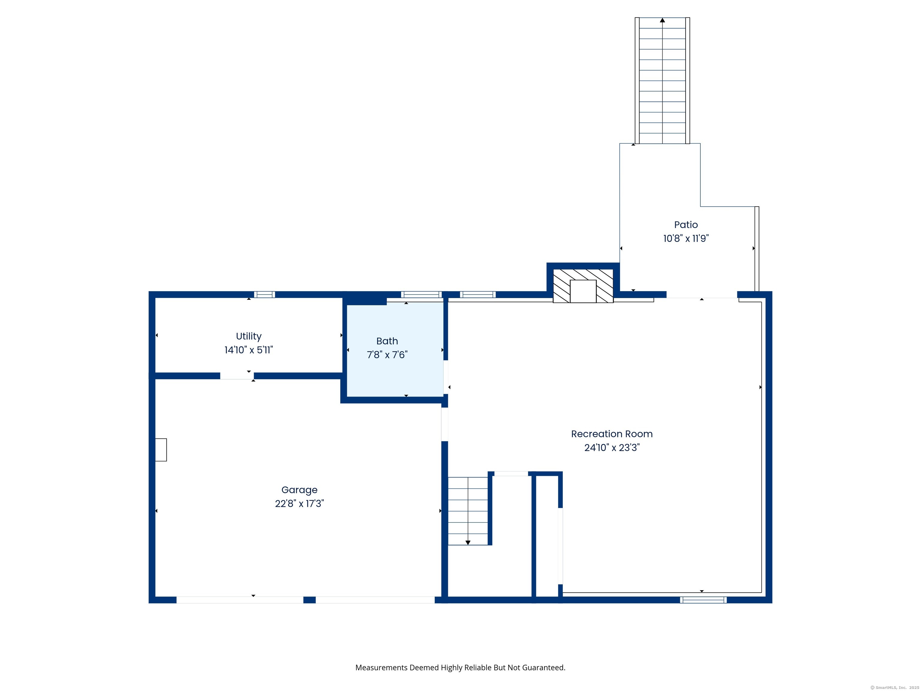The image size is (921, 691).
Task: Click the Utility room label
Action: [249, 336]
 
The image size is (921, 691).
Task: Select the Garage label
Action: [300, 490]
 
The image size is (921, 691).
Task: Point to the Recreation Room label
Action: [612, 434]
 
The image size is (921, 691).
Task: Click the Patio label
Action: [686, 225]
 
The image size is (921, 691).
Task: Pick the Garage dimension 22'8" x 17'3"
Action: [300, 504]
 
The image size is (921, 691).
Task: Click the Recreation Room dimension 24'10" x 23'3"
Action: [612, 448]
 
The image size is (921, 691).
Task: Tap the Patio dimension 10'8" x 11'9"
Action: [686, 238]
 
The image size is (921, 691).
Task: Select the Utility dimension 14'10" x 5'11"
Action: [249, 350]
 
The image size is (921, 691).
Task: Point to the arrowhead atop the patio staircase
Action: [662, 20]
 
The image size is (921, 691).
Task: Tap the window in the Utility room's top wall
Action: [264, 295]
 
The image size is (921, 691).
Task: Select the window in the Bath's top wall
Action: [421, 295]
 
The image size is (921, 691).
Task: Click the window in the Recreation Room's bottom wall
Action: [703, 600]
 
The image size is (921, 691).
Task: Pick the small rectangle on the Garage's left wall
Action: [161, 450]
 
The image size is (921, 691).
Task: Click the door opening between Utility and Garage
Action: [237, 376]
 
